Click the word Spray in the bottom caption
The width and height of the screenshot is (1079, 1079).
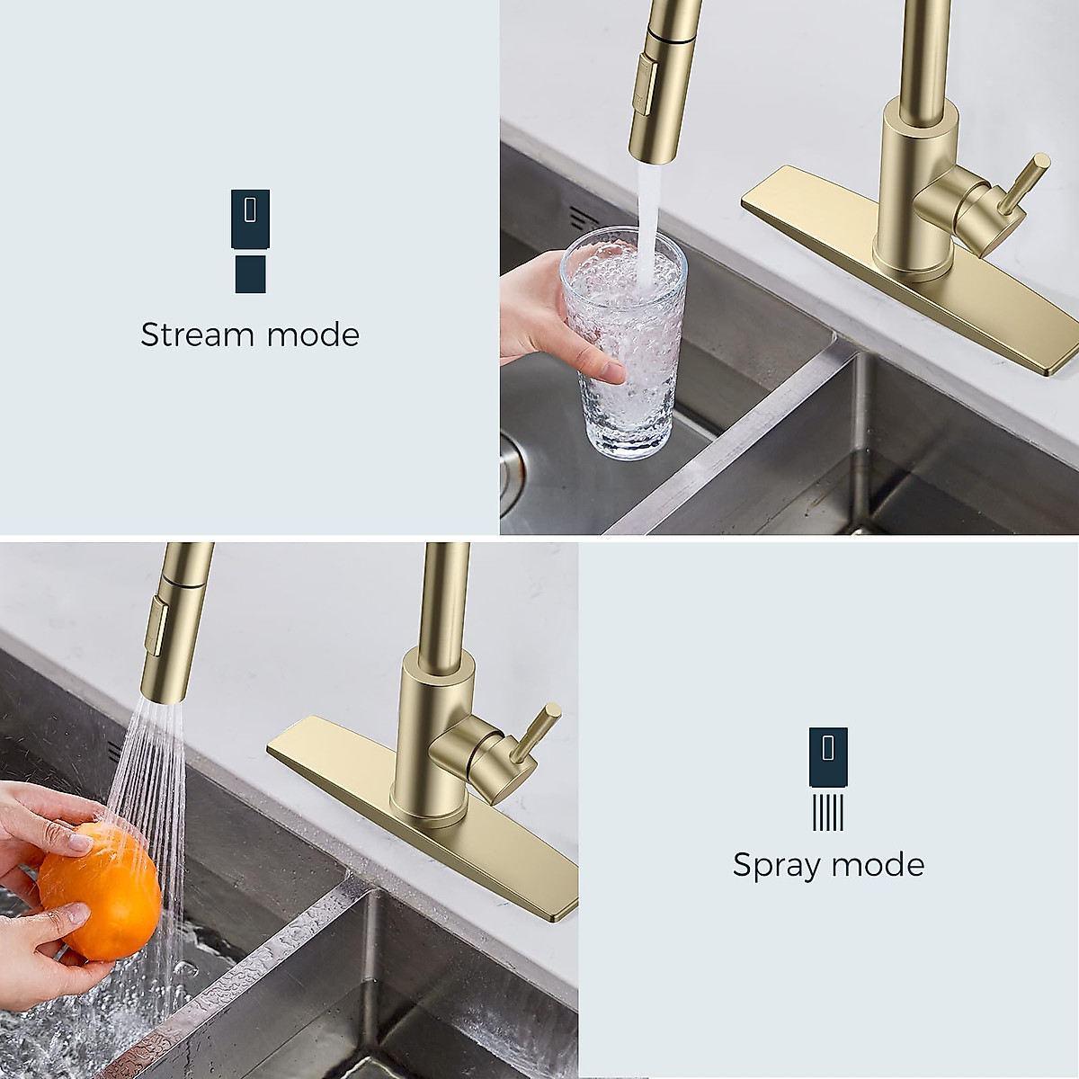776,865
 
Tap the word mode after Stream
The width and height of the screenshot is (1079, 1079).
313,334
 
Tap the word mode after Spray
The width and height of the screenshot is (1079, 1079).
878,865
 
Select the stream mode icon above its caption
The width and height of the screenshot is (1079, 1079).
250,240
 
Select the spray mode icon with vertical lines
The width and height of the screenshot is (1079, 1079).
828,779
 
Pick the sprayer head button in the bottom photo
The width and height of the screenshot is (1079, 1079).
159,626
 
